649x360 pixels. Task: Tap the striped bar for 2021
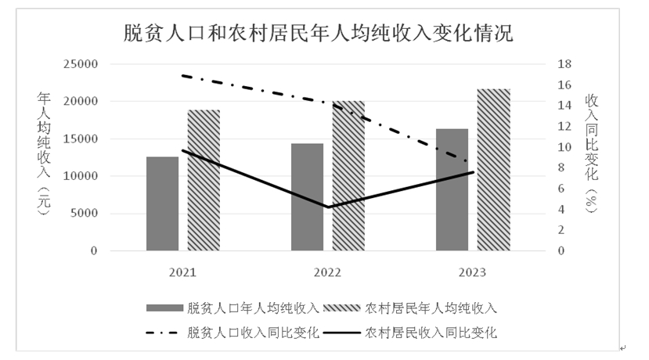pos(204,180)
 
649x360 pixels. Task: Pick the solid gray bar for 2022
pos(307,197)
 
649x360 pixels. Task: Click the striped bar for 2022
pos(348,176)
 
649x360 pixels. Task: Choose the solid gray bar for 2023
pos(452,189)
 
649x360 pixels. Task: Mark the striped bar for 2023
pos(493,170)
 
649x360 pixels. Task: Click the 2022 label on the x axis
pos(327,272)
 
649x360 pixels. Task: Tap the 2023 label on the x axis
pos(472,272)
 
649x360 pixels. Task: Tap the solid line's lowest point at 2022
pos(327,207)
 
